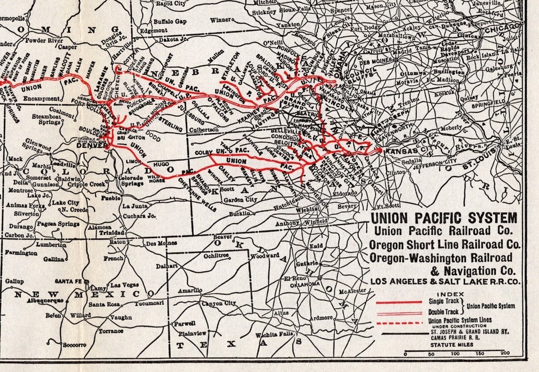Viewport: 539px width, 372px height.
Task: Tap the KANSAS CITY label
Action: click(402, 150)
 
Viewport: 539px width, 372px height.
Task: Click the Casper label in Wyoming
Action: click(68, 47)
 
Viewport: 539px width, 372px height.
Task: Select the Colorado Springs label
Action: click(136, 182)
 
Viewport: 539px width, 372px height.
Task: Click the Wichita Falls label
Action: click(272, 335)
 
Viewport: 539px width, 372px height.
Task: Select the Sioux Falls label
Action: click(299, 11)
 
